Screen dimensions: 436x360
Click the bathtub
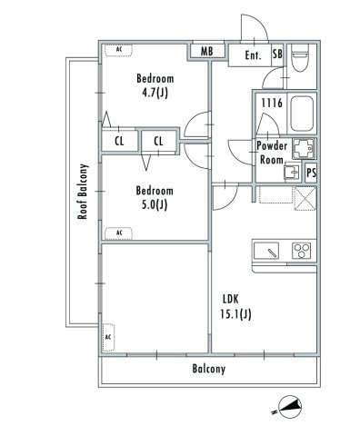click(301, 112)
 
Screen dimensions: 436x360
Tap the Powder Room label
click(271, 152)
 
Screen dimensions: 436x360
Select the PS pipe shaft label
click(311, 172)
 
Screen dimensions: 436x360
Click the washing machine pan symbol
click(303, 149)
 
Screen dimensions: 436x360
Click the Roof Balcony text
click(82, 192)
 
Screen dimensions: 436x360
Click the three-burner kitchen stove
click(301, 250)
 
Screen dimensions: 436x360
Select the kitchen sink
click(267, 250)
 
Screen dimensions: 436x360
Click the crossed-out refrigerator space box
click(304, 196)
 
